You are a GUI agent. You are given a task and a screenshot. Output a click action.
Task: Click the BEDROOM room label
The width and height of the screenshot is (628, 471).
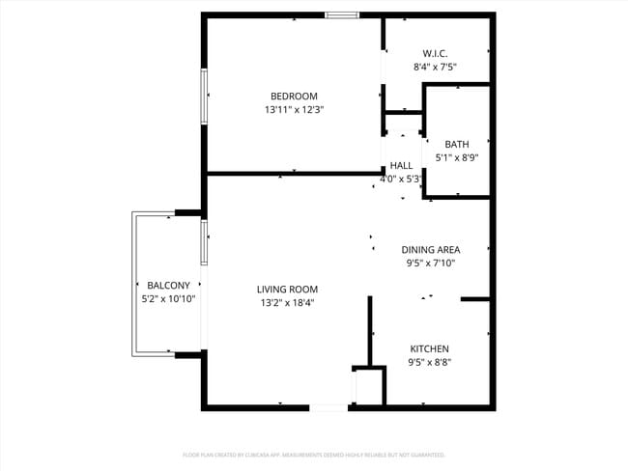coord(294,96)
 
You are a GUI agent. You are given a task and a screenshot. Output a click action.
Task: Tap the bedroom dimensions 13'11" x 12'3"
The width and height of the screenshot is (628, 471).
coord(294,110)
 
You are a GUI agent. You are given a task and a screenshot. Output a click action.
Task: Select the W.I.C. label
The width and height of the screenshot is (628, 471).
coord(435,53)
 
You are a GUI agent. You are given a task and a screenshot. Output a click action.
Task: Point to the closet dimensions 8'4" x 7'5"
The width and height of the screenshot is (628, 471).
coord(435,68)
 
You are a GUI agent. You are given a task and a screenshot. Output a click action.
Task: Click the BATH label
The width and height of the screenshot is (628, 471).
coord(457,144)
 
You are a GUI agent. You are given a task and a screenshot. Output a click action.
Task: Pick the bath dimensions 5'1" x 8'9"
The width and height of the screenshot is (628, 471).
coord(457,157)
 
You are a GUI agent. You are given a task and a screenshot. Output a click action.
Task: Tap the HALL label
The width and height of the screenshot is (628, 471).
coord(401,165)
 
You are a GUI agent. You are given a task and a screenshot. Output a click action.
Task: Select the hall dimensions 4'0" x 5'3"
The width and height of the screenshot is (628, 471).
coord(401,179)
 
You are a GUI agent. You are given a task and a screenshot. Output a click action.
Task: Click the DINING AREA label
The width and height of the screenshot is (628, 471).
coord(430,249)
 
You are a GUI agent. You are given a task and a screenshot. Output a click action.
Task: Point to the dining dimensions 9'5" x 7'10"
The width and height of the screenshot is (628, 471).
coord(430,263)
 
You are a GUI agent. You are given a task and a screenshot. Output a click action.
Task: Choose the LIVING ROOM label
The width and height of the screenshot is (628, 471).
coord(287,289)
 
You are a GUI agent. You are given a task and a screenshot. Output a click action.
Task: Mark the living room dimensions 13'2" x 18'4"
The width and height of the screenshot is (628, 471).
coord(287,302)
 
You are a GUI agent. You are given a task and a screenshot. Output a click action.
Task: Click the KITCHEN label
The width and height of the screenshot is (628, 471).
coord(429,348)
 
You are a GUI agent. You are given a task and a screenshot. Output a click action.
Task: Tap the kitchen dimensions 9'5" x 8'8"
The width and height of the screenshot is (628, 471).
coord(429,363)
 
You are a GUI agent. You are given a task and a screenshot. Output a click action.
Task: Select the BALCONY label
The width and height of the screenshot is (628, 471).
coord(168,285)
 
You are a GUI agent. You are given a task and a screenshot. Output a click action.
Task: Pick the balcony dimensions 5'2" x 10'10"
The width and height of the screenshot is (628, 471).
coord(168,299)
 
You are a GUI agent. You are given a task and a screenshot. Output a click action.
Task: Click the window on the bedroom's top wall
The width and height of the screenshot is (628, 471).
coord(342,14)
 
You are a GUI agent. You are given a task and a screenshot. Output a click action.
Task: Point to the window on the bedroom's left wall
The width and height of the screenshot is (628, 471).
coord(204,96)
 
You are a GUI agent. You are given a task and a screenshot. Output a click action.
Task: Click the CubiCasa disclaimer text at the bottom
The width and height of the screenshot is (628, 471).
coord(314,454)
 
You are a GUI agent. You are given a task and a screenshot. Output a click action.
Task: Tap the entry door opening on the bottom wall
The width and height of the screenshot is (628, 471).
coord(328,408)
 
